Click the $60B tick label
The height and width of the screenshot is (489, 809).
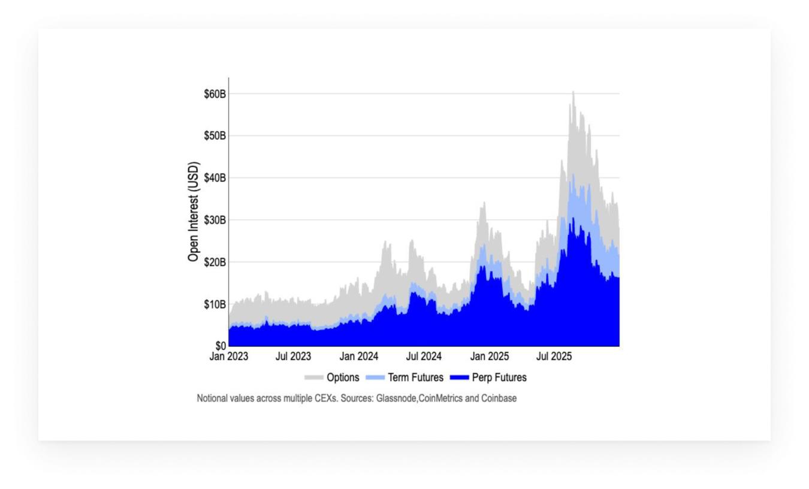pyautogui.click(x=215, y=94)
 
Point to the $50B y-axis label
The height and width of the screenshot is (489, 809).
pyautogui.click(x=215, y=136)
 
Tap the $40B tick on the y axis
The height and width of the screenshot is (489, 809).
pyautogui.click(x=215, y=178)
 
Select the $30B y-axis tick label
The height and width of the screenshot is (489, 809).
pyautogui.click(x=215, y=220)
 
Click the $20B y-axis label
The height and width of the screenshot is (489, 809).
pyautogui.click(x=215, y=262)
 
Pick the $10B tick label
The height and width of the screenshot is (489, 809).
pyautogui.click(x=215, y=304)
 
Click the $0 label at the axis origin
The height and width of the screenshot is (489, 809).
pyautogui.click(x=221, y=346)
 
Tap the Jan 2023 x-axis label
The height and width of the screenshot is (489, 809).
pyautogui.click(x=228, y=357)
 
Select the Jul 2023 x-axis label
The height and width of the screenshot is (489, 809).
pyautogui.click(x=293, y=357)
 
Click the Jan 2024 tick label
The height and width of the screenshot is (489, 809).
pyautogui.click(x=359, y=357)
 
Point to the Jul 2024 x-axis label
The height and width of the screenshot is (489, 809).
pyautogui.click(x=424, y=357)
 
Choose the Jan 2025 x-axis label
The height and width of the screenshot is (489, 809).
pyautogui.click(x=490, y=357)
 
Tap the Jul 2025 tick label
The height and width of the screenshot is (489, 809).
pyautogui.click(x=554, y=357)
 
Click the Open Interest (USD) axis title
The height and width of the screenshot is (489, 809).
pyautogui.click(x=193, y=212)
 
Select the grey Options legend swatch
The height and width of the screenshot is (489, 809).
pyautogui.click(x=313, y=378)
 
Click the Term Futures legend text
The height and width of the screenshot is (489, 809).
pyautogui.click(x=415, y=378)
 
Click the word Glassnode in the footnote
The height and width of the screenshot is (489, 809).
pyautogui.click(x=396, y=398)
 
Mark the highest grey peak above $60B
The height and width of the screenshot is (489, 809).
pyautogui.click(x=573, y=92)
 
